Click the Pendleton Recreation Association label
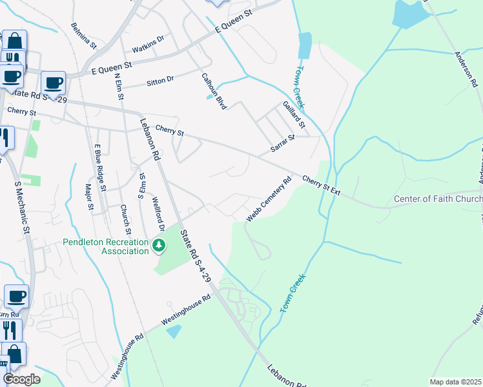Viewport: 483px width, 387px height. (107, 246)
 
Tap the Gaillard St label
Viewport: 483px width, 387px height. (293, 114)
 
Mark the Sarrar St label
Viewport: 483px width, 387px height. (282, 144)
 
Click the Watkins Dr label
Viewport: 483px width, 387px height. (148, 45)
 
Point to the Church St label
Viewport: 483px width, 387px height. (126, 219)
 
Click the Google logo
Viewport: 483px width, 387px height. (22, 379)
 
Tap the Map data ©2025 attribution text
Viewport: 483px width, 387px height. (455, 382)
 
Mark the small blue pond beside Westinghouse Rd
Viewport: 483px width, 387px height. (174, 332)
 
